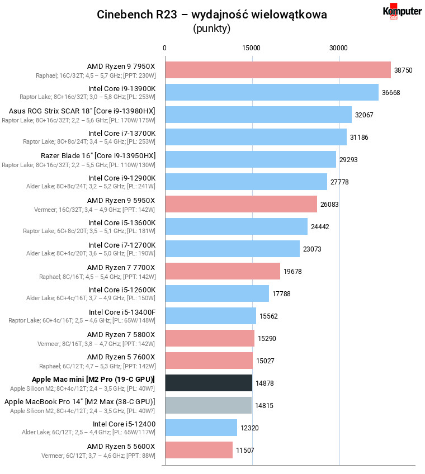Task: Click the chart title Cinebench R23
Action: pos(212,15)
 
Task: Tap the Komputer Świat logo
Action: pos(402,11)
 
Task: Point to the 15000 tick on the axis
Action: pos(252,48)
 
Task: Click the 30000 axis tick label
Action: pos(339,48)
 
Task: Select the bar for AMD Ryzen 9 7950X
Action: pos(277,70)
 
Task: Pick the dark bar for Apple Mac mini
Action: pos(209,383)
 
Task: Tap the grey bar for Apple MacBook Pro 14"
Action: pos(208,405)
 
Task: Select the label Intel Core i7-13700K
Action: pos(122,133)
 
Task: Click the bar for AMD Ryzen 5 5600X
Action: pos(199,450)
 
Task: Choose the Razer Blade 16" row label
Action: pos(98,155)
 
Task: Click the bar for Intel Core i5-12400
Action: pos(201,428)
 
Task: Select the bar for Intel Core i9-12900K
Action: pos(246,182)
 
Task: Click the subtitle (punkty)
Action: pos(212,29)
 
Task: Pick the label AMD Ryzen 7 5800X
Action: pos(121,334)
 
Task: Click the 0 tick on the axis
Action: pos(164,48)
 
